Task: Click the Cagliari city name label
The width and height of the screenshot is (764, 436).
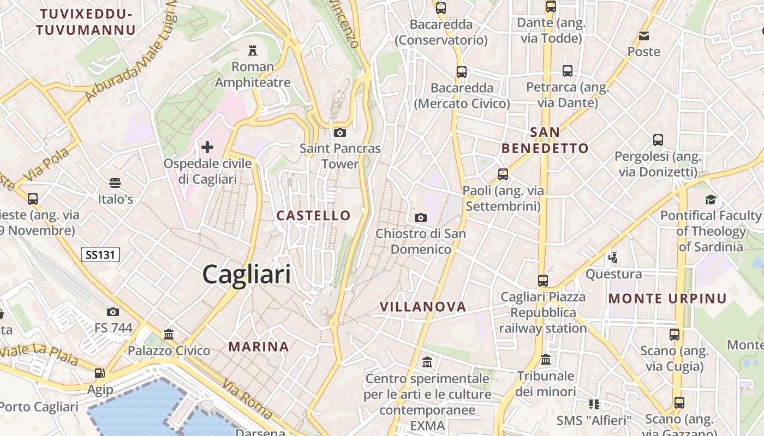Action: (x=247, y=274)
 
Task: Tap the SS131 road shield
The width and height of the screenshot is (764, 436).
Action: (x=100, y=254)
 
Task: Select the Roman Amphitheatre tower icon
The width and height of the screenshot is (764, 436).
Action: (x=253, y=51)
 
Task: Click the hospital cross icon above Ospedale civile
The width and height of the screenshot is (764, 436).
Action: (x=207, y=147)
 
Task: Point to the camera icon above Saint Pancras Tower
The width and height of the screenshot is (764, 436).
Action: (x=340, y=132)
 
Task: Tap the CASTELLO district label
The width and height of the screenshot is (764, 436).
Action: (x=313, y=215)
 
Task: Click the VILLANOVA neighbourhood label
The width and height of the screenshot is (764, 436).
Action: (x=423, y=307)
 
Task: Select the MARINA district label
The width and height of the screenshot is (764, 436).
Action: (x=259, y=347)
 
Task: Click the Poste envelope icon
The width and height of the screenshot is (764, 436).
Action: (x=644, y=36)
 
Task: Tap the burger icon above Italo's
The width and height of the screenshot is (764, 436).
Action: (x=115, y=183)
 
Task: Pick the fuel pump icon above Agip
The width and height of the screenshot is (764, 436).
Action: (x=100, y=373)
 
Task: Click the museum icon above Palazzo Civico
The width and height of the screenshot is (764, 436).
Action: (x=169, y=334)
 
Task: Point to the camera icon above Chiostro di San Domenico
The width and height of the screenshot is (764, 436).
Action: (x=421, y=218)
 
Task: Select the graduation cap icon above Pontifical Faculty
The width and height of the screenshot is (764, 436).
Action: (x=711, y=199)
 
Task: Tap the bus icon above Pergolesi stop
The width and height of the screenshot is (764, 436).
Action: (x=658, y=140)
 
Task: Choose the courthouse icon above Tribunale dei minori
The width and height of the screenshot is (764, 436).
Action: (x=546, y=360)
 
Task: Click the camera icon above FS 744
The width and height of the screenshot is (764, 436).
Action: (x=113, y=312)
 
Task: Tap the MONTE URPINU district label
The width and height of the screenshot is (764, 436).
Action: (x=667, y=299)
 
